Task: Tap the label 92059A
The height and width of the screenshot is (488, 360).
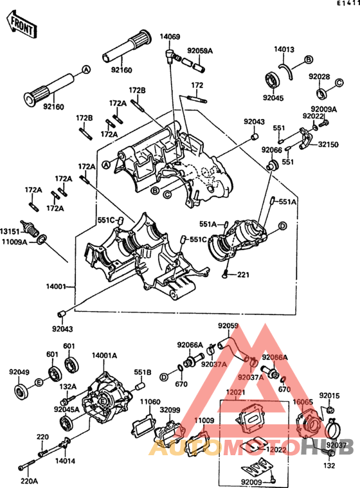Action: [x=199, y=50]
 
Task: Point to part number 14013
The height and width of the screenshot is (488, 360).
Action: [x=283, y=49]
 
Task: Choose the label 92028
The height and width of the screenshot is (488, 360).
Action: [x=319, y=77]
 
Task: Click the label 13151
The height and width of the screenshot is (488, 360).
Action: [x=10, y=230]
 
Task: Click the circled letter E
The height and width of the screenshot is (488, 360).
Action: [x=39, y=383]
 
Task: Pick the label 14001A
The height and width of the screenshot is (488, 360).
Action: [x=104, y=355]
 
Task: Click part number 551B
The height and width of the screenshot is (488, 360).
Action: [x=142, y=372]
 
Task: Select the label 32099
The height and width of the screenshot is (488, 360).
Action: [x=170, y=410]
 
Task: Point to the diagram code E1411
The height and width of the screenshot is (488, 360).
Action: [x=347, y=4]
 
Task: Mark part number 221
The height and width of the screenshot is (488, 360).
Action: [x=242, y=275]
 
